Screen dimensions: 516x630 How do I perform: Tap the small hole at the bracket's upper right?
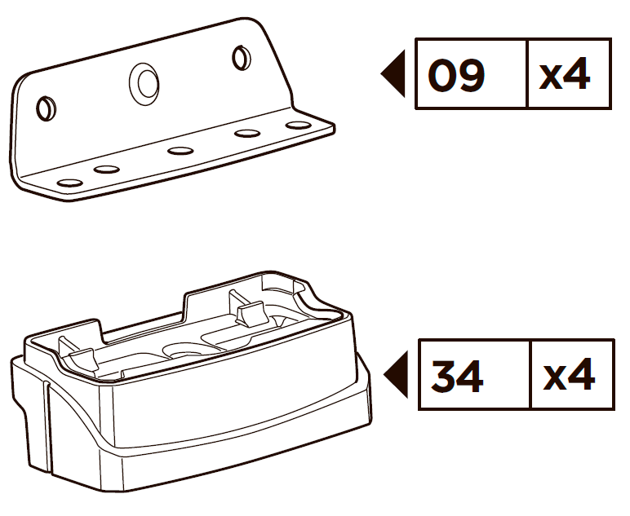pos(240,58)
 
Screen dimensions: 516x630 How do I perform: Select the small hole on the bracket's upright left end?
pos(46,106)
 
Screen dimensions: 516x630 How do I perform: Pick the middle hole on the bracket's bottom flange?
pos(180,150)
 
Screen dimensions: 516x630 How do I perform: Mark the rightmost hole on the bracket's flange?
pos(297,125)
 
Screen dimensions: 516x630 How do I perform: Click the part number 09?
pos(457,77)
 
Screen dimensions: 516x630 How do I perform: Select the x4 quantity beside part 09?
pos(564,77)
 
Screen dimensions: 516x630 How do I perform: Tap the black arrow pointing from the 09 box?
pos(393,74)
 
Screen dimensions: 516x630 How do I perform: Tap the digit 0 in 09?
pos(442,77)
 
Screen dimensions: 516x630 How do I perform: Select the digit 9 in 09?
pos(472,77)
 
